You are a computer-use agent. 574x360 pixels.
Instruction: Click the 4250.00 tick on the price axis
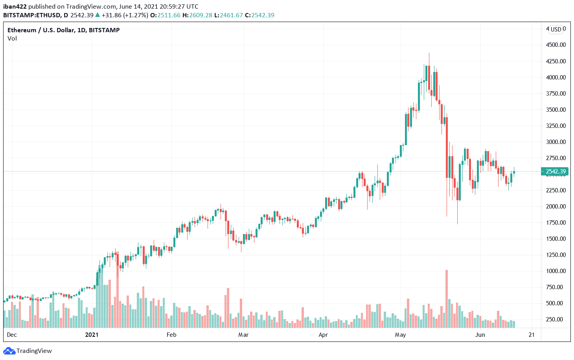tap(556, 61)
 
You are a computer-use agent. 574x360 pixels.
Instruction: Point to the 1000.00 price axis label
tap(556, 271)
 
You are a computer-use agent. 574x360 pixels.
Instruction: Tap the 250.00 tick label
tap(556, 319)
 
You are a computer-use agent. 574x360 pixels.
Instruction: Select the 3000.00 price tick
tap(556, 142)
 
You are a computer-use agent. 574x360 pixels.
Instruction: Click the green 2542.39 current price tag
tap(555, 172)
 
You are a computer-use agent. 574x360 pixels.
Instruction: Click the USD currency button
tap(556, 30)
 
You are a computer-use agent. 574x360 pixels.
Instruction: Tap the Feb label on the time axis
tap(171, 335)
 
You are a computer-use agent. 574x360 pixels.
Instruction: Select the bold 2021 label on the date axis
tap(92, 335)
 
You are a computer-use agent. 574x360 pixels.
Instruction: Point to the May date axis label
tap(400, 335)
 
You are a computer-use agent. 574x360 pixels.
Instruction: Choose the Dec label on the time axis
tap(12, 335)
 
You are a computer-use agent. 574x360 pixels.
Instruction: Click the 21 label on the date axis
tap(532, 335)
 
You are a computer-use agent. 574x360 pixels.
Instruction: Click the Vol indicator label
tap(12, 39)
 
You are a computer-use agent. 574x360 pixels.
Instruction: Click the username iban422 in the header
tap(15, 7)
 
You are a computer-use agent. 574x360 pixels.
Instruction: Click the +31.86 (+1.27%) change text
tap(125, 15)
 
